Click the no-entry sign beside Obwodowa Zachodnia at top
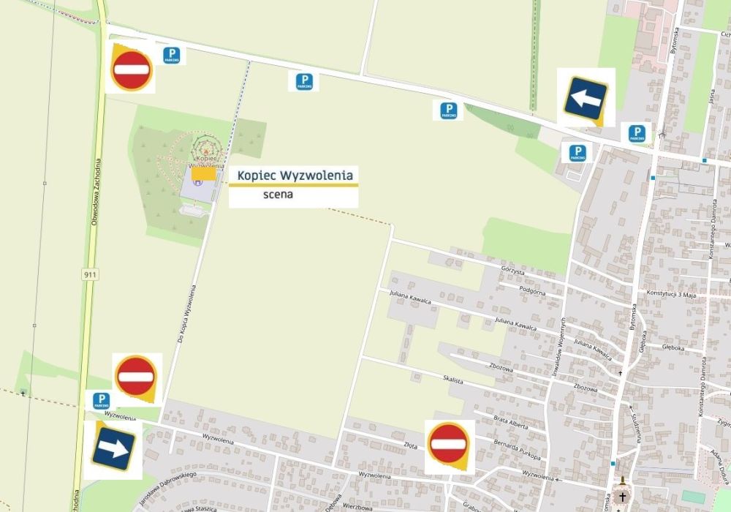point(132,69)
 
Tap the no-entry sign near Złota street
point(448,443)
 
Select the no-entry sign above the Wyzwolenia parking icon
point(136,377)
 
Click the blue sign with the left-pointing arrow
point(585,96)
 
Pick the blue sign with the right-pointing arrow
point(113,448)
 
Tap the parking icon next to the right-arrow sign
point(101,401)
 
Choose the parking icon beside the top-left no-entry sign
point(171,55)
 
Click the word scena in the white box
point(278,195)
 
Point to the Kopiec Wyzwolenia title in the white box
point(295,176)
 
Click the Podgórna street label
point(532,290)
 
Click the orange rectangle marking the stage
point(205,173)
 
